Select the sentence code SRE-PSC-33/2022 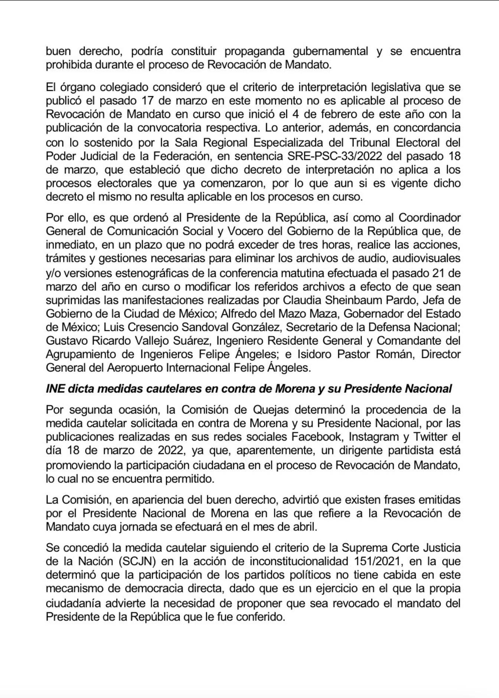pos(335,156)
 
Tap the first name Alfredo pos(240,314)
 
